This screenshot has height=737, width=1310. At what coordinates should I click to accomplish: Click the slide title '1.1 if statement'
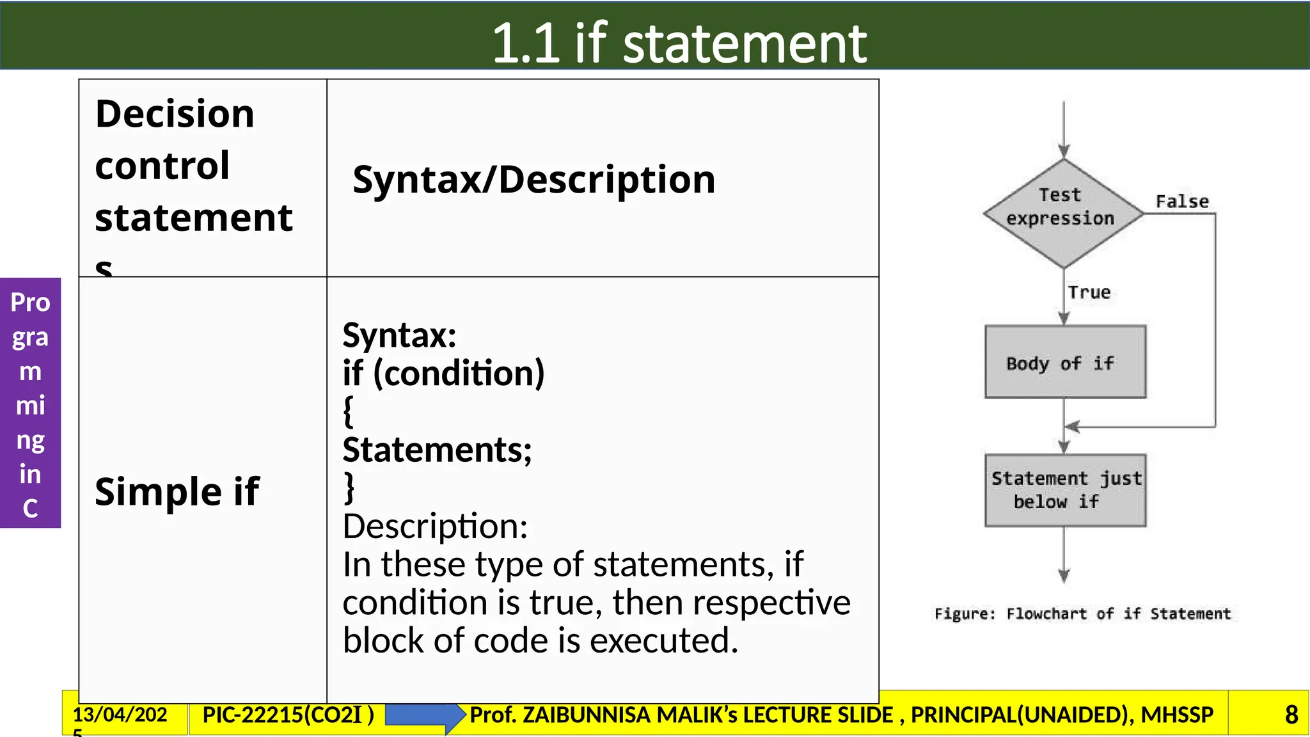[679, 44]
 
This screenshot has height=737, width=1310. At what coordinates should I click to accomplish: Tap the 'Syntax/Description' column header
[533, 179]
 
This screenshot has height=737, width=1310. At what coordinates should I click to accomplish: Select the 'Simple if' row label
[177, 491]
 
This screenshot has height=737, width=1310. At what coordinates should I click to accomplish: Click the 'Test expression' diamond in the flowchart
[1063, 213]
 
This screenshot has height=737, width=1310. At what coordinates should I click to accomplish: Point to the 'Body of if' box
[1065, 362]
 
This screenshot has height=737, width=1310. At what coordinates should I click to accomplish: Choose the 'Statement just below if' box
[1065, 490]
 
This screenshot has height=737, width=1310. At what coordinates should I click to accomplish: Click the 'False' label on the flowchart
[1182, 202]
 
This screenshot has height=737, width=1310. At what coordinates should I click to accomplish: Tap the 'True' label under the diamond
[1089, 292]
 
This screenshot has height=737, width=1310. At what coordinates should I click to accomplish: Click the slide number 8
[1291, 715]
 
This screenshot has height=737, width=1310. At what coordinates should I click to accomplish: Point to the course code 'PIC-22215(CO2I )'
[288, 715]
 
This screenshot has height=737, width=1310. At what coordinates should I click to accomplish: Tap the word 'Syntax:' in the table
[399, 335]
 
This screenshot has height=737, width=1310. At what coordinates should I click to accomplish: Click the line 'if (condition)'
[443, 373]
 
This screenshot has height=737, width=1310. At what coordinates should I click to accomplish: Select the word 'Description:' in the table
[435, 526]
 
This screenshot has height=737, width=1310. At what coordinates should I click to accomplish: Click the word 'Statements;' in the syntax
[437, 450]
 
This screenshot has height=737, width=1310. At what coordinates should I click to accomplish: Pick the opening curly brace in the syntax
[349, 411]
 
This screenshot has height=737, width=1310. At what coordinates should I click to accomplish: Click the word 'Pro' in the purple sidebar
[30, 302]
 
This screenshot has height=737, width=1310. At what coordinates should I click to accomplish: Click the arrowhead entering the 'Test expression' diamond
[1064, 152]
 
